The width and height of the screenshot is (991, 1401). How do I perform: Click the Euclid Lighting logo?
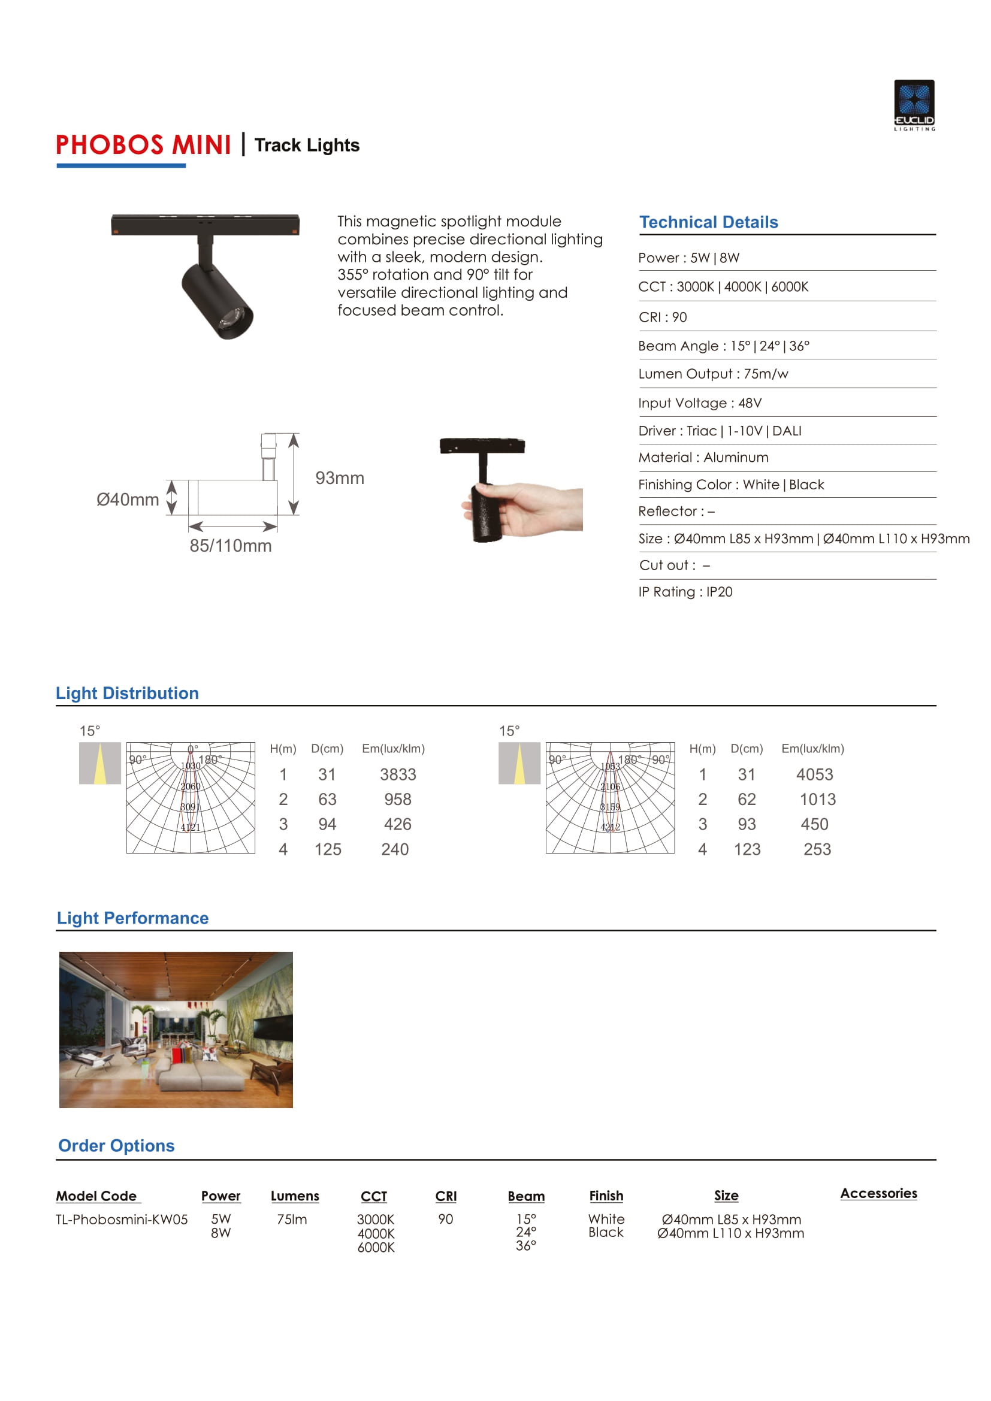point(914,104)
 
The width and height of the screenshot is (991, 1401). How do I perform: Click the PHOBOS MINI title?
point(143,145)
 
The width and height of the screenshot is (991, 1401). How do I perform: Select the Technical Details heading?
point(708,222)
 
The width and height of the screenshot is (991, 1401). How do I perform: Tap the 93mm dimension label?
point(339,478)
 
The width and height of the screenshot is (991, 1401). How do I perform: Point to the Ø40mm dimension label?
point(128,499)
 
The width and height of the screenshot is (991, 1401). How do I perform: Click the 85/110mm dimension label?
point(231,546)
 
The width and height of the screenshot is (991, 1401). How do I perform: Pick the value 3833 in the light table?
point(398,774)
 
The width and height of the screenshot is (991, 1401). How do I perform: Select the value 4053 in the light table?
point(814,774)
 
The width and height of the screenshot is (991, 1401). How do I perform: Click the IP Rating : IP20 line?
point(685,592)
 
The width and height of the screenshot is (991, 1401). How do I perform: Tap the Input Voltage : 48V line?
point(699,403)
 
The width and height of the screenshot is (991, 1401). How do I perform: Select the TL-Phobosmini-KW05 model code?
point(122,1219)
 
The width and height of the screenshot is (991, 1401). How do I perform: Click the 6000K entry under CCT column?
point(376,1247)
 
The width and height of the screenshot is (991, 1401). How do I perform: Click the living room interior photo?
point(176,1030)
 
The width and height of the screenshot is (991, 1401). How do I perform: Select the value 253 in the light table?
point(817,849)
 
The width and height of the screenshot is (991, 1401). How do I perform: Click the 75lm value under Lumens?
point(292,1219)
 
